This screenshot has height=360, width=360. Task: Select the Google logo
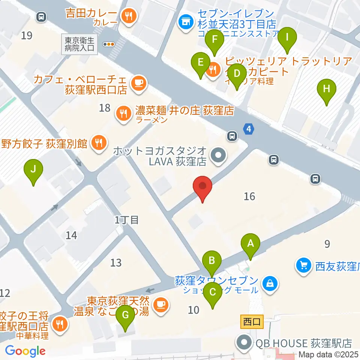pyautogui.click(x=25, y=351)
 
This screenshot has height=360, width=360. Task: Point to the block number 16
pyautogui.click(x=249, y=196)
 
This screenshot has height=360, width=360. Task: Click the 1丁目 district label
pyautogui.click(x=127, y=220)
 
